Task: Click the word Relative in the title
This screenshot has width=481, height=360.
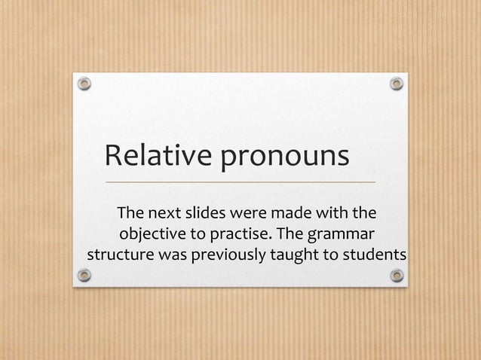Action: [x=157, y=157]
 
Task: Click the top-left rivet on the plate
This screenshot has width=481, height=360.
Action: [x=85, y=82]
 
